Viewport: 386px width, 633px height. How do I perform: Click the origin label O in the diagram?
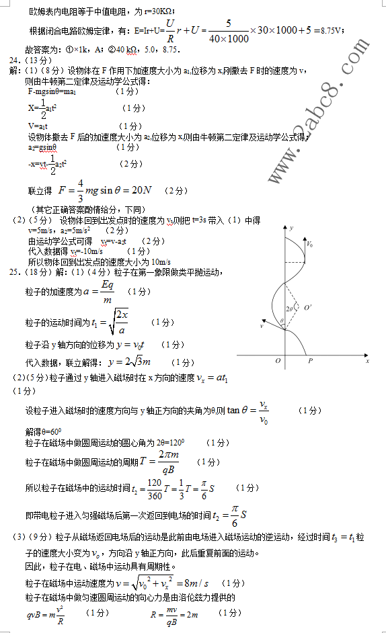click(278, 361)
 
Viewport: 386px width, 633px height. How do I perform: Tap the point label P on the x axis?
click(309, 361)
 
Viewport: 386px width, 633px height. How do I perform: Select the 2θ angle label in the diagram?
click(289, 308)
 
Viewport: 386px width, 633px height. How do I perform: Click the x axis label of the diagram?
click(368, 360)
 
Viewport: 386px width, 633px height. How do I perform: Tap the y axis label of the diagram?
click(291, 229)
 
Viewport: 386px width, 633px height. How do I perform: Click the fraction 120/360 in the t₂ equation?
click(154, 490)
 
